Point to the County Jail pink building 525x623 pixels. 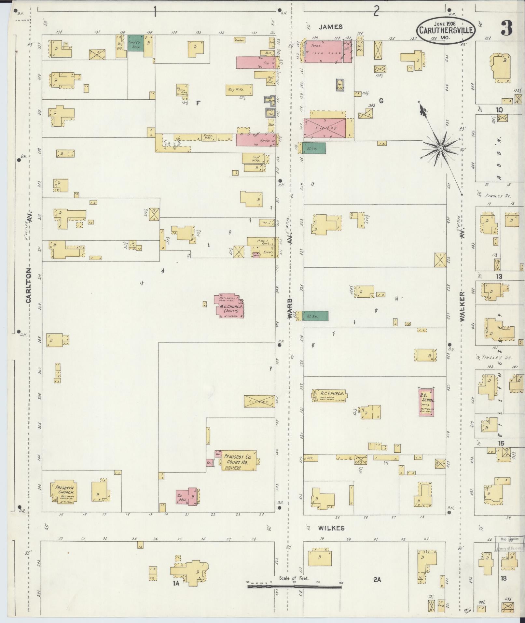182,498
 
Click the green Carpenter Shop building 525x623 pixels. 135,43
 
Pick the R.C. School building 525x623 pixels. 427,402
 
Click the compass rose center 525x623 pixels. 440,149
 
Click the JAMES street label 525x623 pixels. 330,27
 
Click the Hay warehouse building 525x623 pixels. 239,90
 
